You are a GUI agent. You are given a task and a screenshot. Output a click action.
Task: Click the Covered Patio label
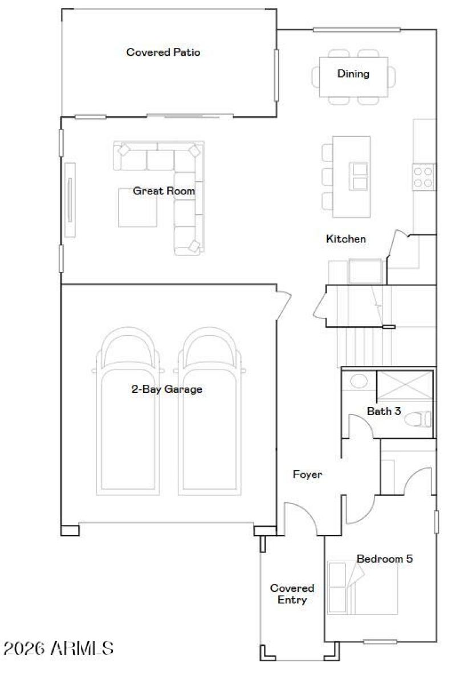(163, 52)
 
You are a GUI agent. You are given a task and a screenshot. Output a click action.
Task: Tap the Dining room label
(353, 74)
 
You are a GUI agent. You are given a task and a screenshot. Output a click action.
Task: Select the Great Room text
(164, 191)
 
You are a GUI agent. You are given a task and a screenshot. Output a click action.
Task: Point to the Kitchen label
(345, 239)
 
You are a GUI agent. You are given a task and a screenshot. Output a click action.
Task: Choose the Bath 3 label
(384, 410)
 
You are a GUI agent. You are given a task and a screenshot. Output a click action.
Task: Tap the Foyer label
(307, 474)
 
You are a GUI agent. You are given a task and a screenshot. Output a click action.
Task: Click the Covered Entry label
(292, 593)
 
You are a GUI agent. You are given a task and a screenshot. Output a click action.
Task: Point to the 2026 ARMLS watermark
(59, 648)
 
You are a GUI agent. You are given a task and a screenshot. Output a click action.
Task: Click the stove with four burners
(424, 176)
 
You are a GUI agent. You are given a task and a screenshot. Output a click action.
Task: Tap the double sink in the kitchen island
(360, 176)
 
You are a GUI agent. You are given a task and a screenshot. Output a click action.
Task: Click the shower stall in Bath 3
(405, 387)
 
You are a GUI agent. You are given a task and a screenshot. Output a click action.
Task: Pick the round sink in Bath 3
(359, 381)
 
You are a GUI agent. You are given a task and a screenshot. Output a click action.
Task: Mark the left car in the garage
(127, 410)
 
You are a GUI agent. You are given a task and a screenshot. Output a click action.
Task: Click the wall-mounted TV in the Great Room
(70, 200)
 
